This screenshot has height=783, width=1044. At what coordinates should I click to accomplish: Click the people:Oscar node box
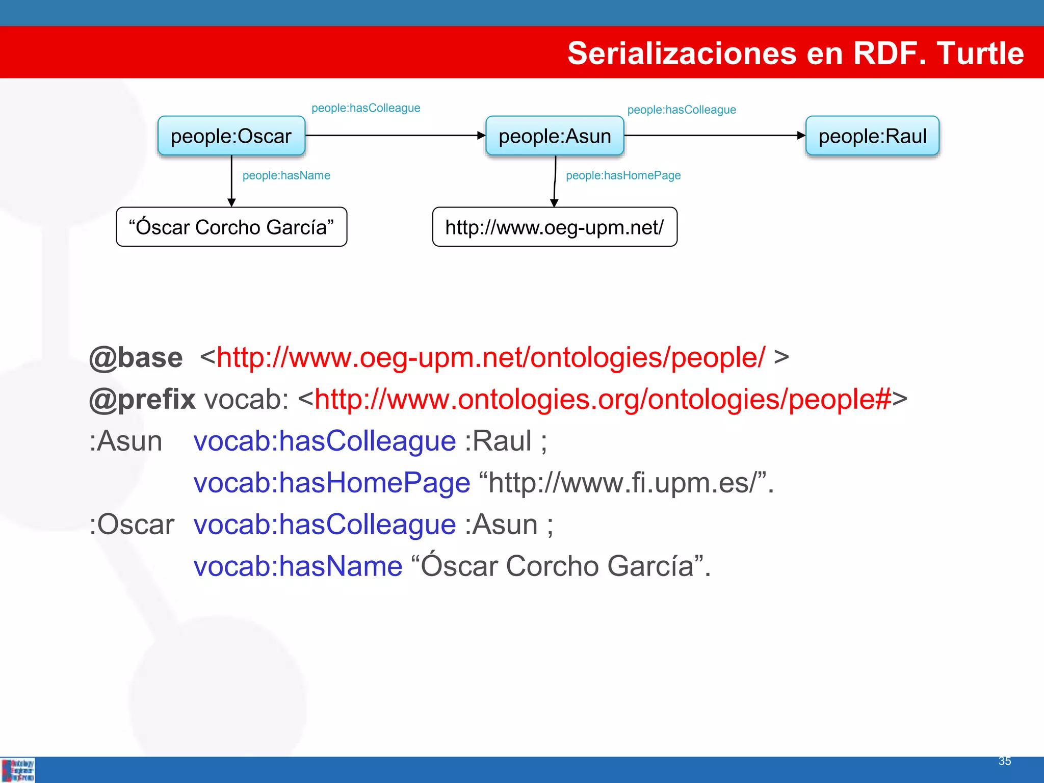point(231,136)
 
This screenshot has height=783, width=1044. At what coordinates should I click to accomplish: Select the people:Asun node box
point(555,136)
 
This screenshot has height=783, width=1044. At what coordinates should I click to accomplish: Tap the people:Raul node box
point(872,136)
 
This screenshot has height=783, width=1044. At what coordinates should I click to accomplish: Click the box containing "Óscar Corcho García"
point(231,227)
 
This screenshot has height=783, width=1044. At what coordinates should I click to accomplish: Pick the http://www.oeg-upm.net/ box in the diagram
point(555,227)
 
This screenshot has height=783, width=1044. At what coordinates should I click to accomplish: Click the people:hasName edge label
point(286,175)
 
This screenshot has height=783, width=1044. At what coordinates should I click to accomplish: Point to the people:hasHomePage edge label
point(623,175)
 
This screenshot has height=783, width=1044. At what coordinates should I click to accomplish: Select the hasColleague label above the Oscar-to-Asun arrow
point(366,108)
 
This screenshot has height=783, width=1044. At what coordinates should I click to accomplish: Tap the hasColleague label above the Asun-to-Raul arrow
point(682,110)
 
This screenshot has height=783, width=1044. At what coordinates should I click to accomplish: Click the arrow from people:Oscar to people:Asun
point(395,136)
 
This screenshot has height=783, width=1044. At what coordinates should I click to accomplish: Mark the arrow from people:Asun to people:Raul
point(714,136)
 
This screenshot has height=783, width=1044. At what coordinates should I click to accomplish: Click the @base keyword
point(136,357)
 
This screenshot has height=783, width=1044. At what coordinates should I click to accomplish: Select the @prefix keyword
point(142,399)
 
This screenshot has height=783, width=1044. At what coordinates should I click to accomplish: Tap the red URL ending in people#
point(603,399)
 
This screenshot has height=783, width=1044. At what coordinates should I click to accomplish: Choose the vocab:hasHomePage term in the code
point(332,483)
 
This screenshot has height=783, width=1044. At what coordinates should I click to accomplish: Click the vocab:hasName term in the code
point(298,566)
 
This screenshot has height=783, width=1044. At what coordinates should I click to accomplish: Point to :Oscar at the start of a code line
point(132,525)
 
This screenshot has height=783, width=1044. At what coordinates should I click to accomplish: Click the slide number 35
point(1004,761)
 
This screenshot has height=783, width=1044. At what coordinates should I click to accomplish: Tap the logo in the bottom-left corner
point(18,770)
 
